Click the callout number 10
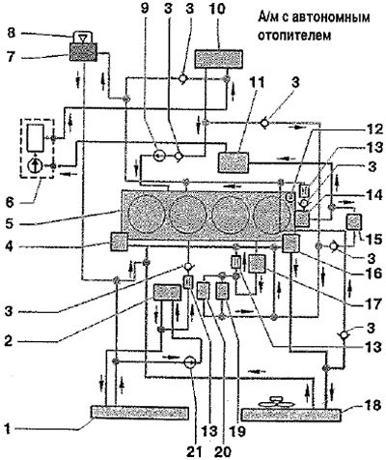217,9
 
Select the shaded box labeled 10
219,59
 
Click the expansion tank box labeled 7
83,51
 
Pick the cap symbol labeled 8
83,37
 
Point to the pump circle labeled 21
190,362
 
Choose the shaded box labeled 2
167,293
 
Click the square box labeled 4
119,242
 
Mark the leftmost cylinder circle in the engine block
146,214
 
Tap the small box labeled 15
354,223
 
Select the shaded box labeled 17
258,264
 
